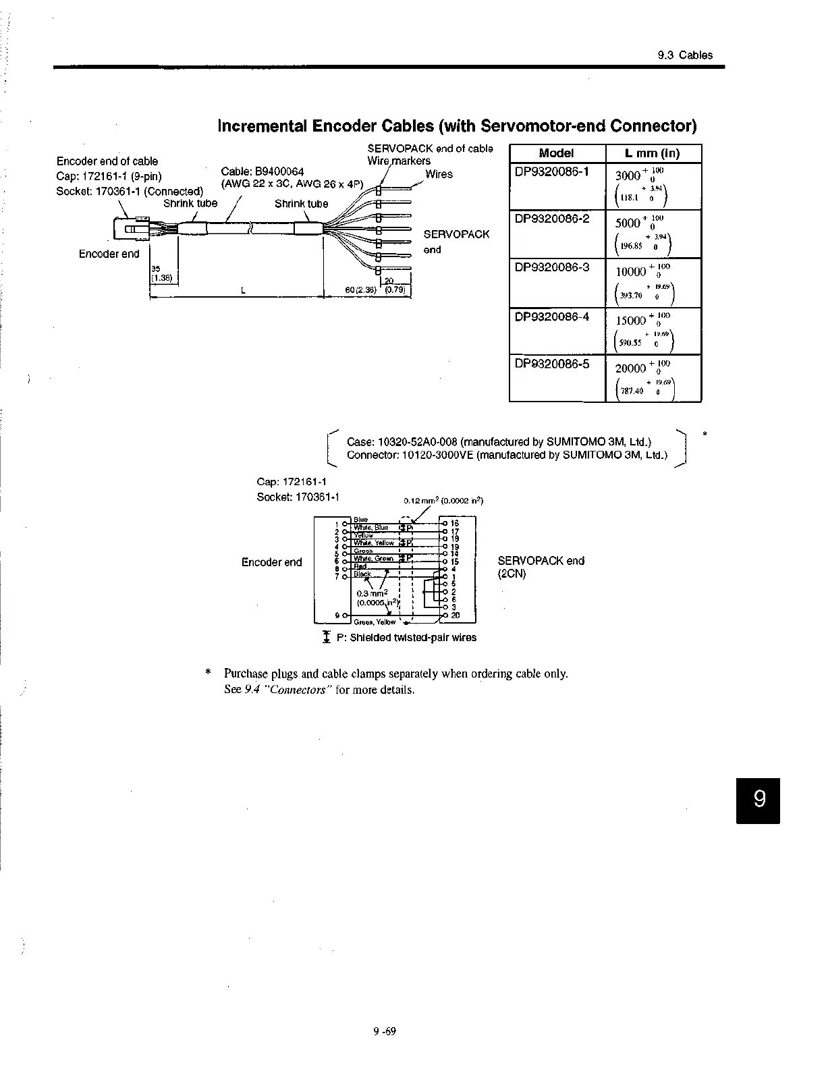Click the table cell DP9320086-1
tap(551, 172)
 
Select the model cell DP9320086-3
tap(551, 267)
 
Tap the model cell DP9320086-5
tap(551, 364)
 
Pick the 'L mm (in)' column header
tap(653, 153)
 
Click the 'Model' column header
tap(557, 153)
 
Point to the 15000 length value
tap(632, 321)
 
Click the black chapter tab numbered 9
tap(759, 800)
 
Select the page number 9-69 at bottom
tap(384, 1031)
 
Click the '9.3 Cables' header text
tap(685, 55)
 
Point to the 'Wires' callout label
tap(439, 174)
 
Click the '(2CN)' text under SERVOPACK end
tap(512, 574)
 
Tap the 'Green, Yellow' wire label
tap(375, 622)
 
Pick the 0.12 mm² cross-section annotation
tap(443, 501)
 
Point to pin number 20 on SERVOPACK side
tap(456, 615)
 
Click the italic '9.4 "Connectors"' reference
tap(286, 690)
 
